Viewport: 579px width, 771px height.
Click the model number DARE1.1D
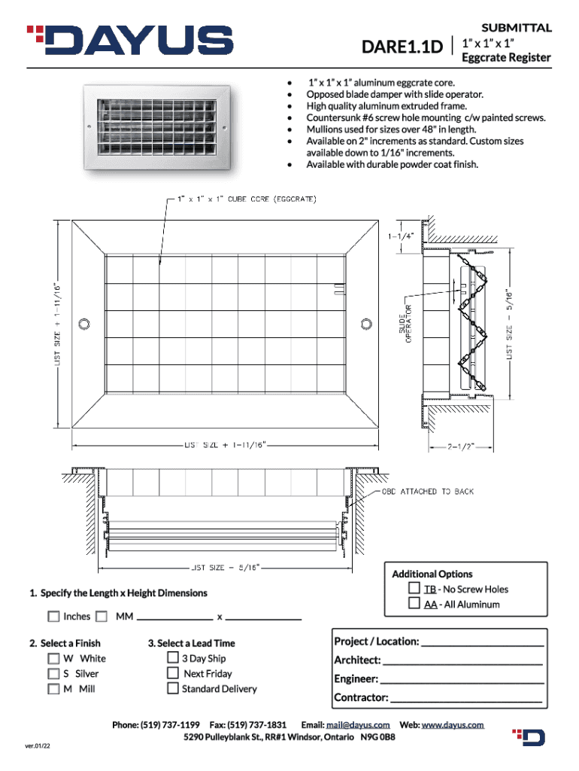click(x=402, y=49)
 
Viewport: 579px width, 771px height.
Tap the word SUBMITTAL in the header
click(x=517, y=28)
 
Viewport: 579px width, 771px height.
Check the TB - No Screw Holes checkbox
click(x=414, y=588)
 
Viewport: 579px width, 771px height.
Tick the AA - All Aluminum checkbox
click(x=414, y=603)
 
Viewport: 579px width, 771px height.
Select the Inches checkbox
click(x=53, y=617)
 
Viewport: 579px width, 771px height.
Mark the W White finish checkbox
click(x=53, y=658)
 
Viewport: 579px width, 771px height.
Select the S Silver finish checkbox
click(x=53, y=673)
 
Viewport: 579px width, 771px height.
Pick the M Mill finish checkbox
click(x=53, y=688)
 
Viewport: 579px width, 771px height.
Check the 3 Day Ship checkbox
click(x=173, y=658)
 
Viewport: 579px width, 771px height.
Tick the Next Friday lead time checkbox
click(x=173, y=673)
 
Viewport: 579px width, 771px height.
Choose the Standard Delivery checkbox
click(x=173, y=688)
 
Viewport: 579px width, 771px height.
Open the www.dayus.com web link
click(x=453, y=724)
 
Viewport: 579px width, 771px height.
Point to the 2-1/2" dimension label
click(x=461, y=445)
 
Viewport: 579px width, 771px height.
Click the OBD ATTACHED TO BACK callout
click(x=428, y=492)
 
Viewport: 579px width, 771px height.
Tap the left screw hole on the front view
click(x=84, y=324)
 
